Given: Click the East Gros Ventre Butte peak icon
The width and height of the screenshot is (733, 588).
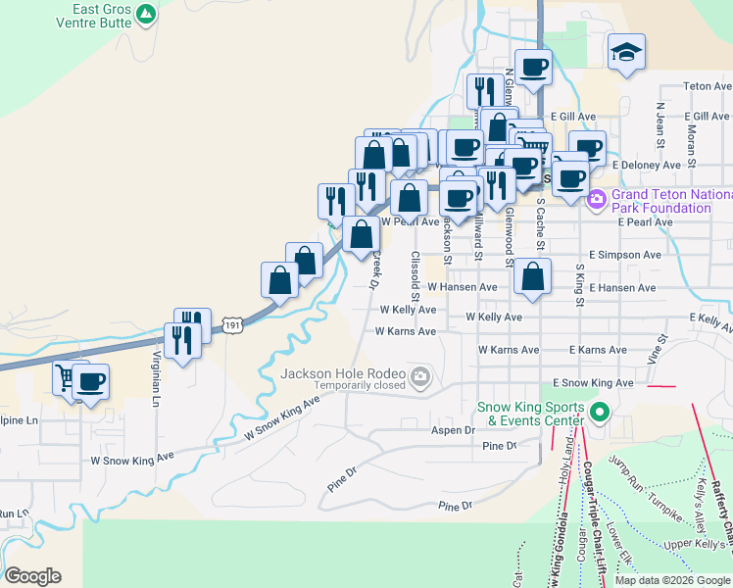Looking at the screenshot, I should (x=146, y=14).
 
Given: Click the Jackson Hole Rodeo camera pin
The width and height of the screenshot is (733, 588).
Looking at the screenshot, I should (x=420, y=374).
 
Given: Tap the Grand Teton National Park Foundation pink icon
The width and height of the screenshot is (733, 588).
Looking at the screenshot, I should (x=596, y=200).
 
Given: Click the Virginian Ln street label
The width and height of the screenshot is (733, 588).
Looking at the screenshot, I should (x=156, y=378).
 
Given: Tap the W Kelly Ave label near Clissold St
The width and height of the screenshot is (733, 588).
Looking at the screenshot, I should (x=408, y=310).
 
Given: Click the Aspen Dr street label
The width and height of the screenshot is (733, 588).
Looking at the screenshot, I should (x=453, y=430).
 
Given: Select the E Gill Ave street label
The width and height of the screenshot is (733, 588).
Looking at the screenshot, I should (x=573, y=116).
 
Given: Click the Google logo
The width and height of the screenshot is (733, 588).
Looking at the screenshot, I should (x=32, y=575).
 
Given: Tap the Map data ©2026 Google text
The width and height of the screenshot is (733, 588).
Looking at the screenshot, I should (x=671, y=580).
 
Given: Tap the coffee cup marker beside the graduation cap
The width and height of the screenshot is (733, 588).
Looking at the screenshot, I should (x=533, y=68).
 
